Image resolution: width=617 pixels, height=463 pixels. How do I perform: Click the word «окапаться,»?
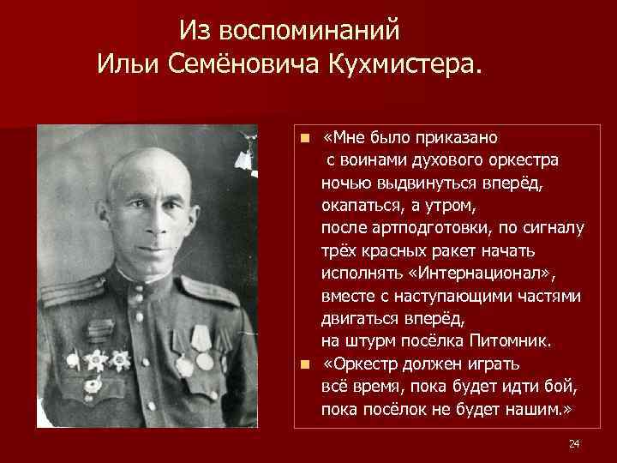click(360, 206)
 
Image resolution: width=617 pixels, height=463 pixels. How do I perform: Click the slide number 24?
click(574, 442)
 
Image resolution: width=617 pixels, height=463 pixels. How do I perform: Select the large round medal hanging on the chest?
click(204, 360)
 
